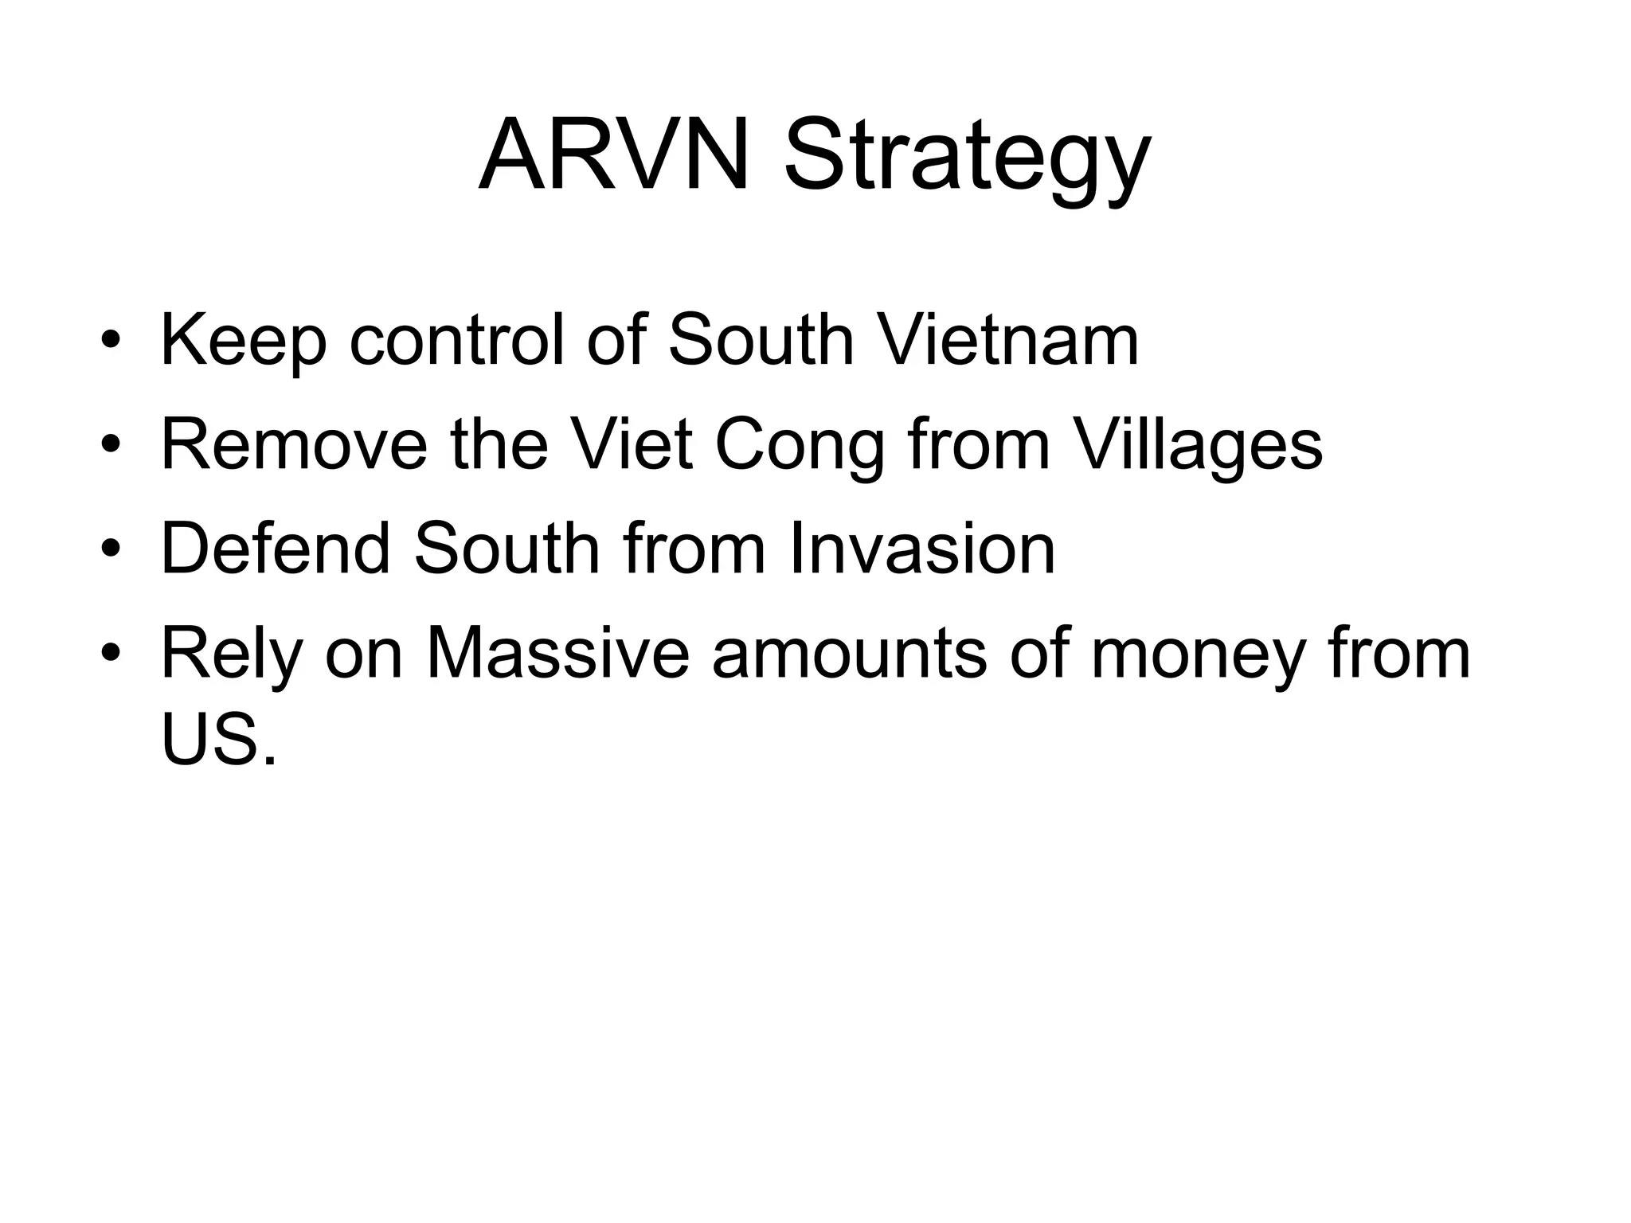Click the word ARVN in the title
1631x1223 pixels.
coord(614,155)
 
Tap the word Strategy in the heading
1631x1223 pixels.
coord(967,159)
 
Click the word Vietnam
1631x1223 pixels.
coord(1007,340)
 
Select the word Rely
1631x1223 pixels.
coord(232,654)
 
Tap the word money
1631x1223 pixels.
coord(1198,654)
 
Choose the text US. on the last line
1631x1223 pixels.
coord(219,738)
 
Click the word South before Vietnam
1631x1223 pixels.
coord(761,340)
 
